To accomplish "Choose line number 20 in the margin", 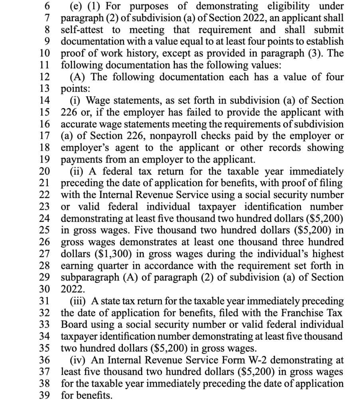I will [45, 172].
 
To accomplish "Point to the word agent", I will [124, 148].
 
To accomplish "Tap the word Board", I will [72, 324].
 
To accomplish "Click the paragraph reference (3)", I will [312, 54].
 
